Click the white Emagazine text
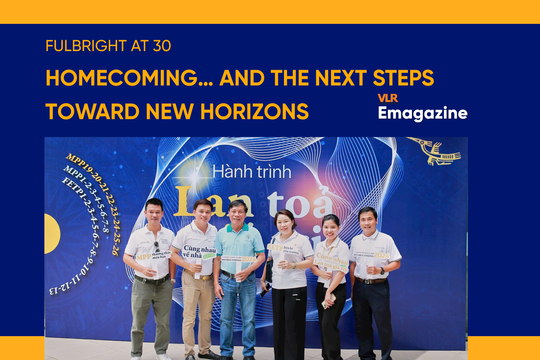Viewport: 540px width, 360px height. coord(422,113)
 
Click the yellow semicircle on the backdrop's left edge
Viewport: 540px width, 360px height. coord(51,234)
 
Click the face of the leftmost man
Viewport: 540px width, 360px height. coord(153,211)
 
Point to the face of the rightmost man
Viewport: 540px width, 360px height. coord(367,220)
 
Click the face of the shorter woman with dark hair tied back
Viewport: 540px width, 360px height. coord(331,227)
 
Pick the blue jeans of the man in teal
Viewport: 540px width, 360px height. coord(238,315)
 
